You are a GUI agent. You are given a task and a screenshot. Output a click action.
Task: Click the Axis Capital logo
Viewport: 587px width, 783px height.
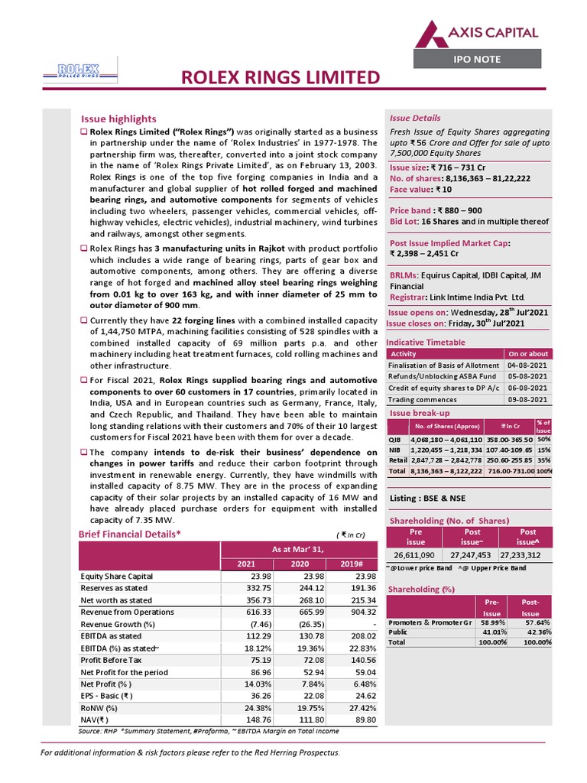475,34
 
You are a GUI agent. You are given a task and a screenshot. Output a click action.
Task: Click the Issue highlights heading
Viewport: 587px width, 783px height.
118,119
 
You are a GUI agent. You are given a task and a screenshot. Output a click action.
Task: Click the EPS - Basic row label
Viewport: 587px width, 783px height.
106,698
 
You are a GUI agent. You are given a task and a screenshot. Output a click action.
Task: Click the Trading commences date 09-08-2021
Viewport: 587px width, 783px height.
527,399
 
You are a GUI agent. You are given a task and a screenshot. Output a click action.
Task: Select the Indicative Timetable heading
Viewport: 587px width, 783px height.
425,342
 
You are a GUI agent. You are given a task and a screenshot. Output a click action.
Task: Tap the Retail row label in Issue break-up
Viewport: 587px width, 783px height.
397,461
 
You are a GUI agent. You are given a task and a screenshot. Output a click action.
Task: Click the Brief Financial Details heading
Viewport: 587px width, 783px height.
129,534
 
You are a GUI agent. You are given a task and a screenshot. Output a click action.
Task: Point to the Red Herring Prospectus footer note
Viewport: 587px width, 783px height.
190,753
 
